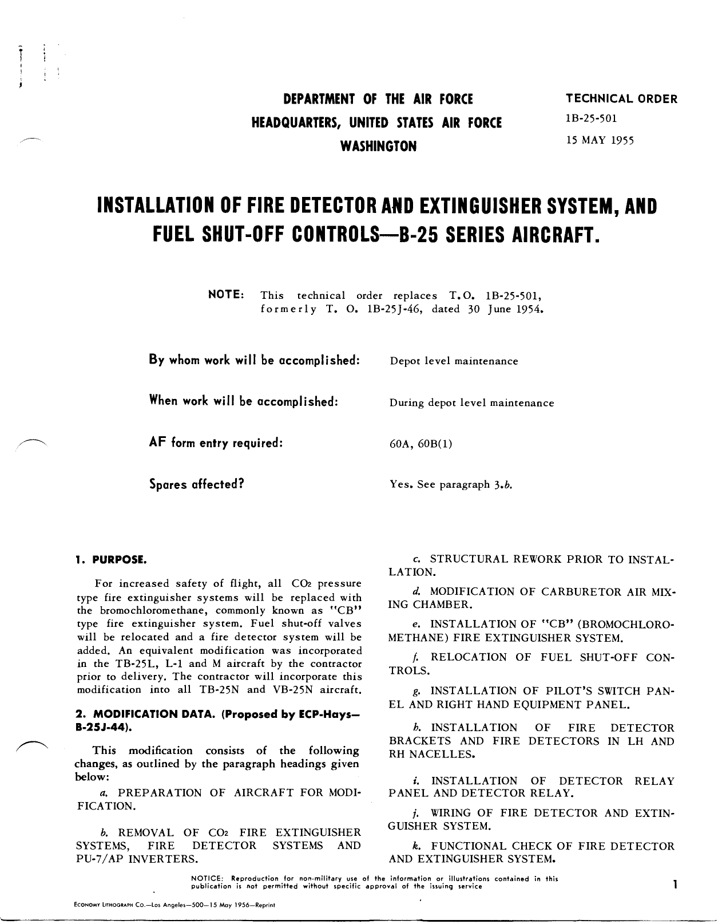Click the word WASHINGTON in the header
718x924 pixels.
[378, 147]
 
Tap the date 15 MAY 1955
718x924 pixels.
[600, 140]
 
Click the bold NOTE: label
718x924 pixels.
[227, 294]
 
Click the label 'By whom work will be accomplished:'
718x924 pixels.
[254, 360]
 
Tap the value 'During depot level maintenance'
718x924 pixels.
[471, 403]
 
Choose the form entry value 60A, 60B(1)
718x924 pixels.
[421, 444]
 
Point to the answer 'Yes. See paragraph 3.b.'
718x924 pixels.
[450, 485]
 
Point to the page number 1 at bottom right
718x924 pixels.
[675, 884]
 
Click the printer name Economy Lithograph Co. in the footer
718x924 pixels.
[112, 905]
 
